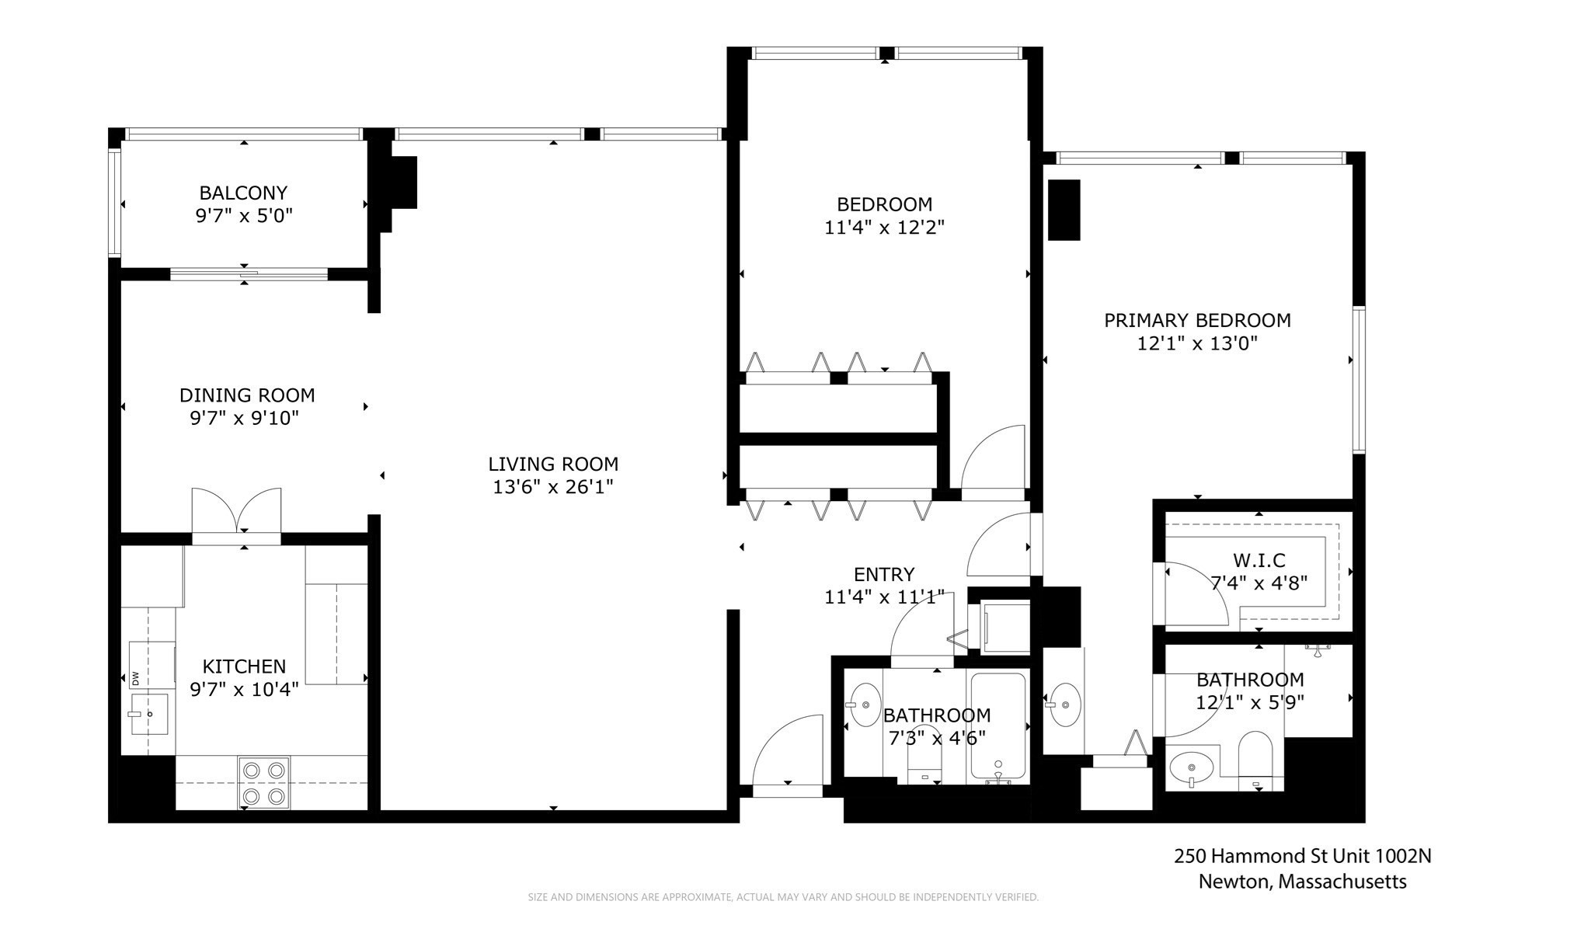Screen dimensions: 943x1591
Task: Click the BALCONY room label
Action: [x=243, y=193]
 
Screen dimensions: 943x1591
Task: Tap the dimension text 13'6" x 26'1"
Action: [x=553, y=487]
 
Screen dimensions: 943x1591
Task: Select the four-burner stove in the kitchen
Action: [x=263, y=783]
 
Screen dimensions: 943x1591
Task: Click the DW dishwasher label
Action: [x=135, y=677]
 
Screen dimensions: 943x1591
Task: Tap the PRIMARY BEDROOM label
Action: [x=1197, y=320]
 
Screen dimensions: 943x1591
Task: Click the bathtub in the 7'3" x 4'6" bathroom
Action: [x=997, y=726]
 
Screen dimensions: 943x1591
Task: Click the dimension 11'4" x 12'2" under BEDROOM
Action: [x=884, y=228]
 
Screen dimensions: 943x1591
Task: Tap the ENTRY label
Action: [x=884, y=574]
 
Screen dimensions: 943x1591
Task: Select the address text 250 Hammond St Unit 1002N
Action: [x=1302, y=856]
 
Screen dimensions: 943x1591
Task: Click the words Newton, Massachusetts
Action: [x=1302, y=882]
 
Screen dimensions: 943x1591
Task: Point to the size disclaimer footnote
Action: [x=783, y=897]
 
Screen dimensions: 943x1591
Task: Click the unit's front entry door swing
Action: [x=786, y=753]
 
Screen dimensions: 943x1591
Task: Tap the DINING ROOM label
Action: [x=247, y=395]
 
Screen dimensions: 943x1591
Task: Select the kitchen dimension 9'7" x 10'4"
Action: [x=244, y=689]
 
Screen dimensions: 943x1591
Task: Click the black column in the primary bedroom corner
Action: [x=1064, y=210]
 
